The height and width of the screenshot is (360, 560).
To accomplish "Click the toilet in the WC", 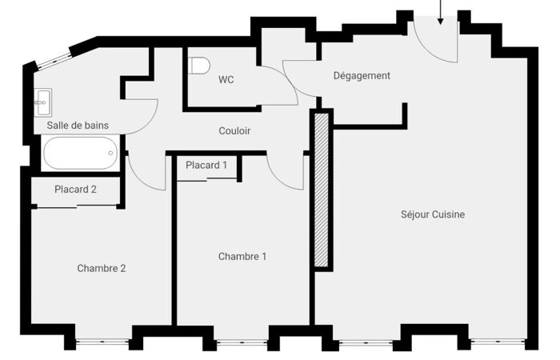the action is [199, 66].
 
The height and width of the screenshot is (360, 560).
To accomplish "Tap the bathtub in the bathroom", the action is [80, 153].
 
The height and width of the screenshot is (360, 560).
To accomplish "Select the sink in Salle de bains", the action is [43, 102].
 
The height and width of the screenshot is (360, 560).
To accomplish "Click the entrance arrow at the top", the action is [440, 12].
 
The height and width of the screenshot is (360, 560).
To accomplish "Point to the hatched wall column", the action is [321, 190].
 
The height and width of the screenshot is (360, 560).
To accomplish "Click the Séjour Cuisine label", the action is [433, 214].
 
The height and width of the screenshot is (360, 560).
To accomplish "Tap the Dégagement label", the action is [362, 76].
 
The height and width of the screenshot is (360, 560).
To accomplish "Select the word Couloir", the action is [234, 130].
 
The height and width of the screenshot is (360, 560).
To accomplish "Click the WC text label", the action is [226, 79].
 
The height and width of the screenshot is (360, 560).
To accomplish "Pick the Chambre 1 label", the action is [242, 257].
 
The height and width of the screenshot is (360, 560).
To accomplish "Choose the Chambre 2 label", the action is [102, 268].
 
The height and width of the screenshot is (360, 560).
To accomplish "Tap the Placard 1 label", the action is [206, 165].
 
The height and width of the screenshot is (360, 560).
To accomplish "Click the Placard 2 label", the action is [75, 190].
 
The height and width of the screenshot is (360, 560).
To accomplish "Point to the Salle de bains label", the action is [78, 126].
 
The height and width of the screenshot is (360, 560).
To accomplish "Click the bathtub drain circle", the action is [110, 153].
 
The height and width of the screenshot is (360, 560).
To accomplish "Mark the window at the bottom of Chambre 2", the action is [102, 342].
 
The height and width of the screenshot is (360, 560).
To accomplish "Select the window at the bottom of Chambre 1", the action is [242, 343].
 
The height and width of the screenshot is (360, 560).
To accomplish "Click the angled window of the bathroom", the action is [54, 61].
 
